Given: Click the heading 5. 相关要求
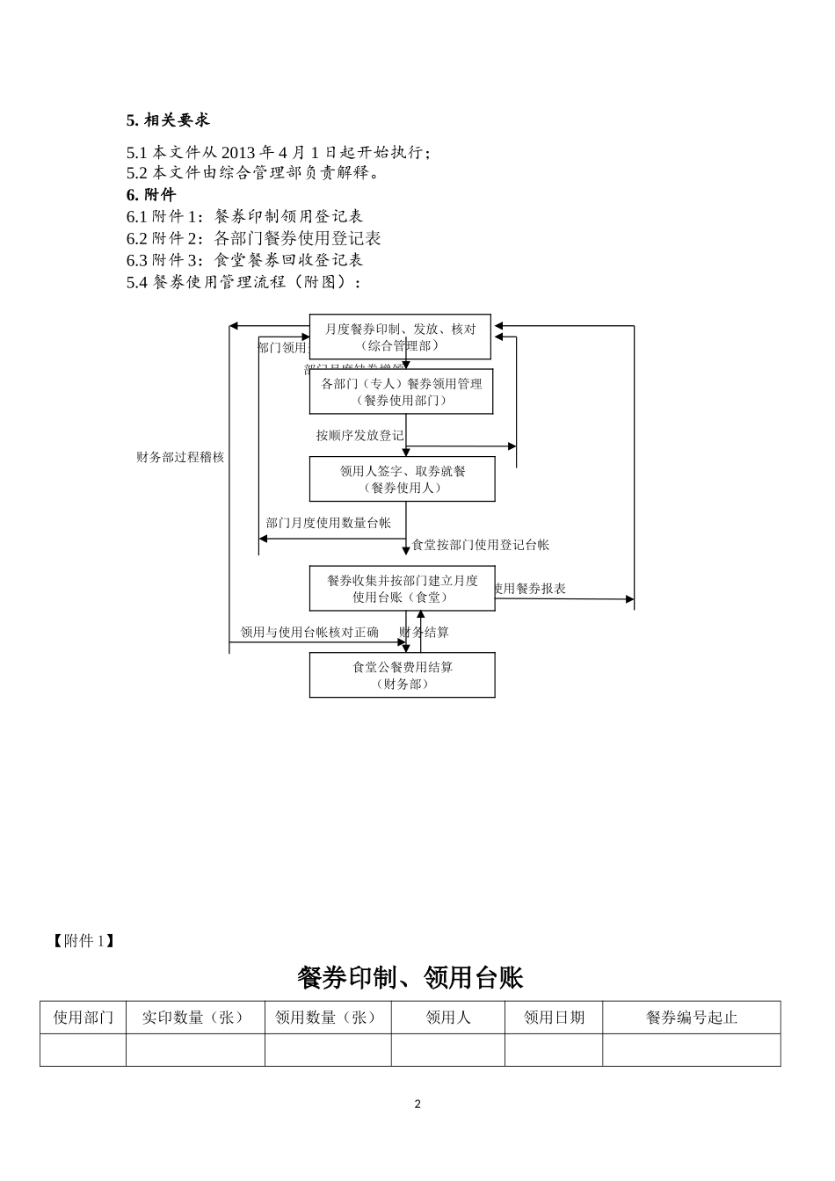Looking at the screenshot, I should pyautogui.click(x=168, y=120).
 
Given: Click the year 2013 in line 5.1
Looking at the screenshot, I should pyautogui.click(x=238, y=152).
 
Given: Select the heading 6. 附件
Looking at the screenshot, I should pyautogui.click(x=151, y=194).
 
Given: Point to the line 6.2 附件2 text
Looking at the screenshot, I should pyautogui.click(x=253, y=238).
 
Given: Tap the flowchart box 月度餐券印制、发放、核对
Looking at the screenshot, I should pyautogui.click(x=400, y=337).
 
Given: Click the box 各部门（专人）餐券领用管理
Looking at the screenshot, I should pyautogui.click(x=401, y=391).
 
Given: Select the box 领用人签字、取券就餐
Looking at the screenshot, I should pyautogui.click(x=402, y=479).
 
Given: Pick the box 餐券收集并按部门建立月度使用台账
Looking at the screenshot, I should pyautogui.click(x=402, y=589).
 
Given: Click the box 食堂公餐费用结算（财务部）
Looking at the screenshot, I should pyautogui.click(x=402, y=675).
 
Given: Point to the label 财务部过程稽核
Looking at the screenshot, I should pyautogui.click(x=180, y=457).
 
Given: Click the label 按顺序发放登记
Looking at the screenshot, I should pyautogui.click(x=359, y=435).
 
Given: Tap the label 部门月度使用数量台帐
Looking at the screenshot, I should pyautogui.click(x=328, y=523).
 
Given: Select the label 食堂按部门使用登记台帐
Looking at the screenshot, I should pyautogui.click(x=481, y=545).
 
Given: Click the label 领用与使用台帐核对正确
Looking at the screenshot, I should pyautogui.click(x=309, y=632).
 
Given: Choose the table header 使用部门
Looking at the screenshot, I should pyautogui.click(x=83, y=1018).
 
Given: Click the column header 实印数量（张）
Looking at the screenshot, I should pyautogui.click(x=195, y=1018).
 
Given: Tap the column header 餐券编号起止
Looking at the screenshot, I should pyautogui.click(x=691, y=1018).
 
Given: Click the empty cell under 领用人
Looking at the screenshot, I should pyautogui.click(x=447, y=1050).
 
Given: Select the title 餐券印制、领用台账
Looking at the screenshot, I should pyautogui.click(x=410, y=977).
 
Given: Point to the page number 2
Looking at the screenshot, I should pyautogui.click(x=417, y=1105).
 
